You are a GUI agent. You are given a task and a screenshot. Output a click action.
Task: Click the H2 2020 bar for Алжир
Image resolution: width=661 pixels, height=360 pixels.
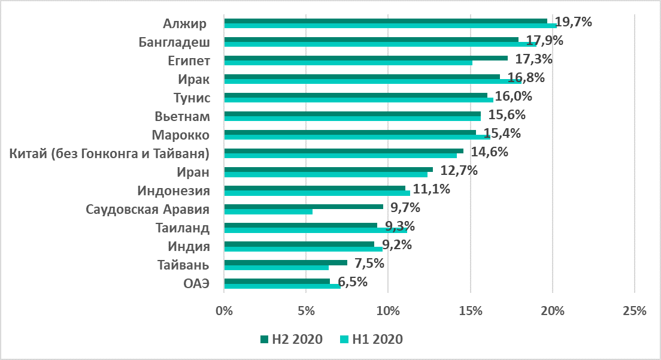386,20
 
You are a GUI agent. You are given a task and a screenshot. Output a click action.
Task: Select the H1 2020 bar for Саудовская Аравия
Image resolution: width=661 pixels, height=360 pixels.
268,211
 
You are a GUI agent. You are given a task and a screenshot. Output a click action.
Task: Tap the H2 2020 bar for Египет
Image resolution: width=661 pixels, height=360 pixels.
366,58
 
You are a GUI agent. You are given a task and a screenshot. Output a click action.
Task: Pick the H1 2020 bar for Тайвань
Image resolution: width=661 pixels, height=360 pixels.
276,267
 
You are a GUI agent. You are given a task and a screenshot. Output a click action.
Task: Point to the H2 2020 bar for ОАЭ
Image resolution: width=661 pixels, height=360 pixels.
277,281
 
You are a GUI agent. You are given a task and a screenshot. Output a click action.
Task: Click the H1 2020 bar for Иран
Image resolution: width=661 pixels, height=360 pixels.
326,174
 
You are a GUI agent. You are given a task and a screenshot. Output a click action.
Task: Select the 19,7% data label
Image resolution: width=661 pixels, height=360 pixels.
574,23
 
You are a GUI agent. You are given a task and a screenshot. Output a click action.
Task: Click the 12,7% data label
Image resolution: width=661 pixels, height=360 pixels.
459,171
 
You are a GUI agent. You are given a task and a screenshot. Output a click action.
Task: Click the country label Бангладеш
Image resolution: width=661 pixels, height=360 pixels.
174,42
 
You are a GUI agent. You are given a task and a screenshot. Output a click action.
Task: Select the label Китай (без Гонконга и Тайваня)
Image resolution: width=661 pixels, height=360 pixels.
110,154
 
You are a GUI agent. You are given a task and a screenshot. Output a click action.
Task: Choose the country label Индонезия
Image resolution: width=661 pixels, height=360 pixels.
173,191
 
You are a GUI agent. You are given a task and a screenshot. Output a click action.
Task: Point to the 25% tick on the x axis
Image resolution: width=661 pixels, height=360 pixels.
635,311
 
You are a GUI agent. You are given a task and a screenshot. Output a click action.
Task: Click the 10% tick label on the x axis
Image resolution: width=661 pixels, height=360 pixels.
388,311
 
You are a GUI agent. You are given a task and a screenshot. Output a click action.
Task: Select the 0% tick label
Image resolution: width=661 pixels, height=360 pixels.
224,311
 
